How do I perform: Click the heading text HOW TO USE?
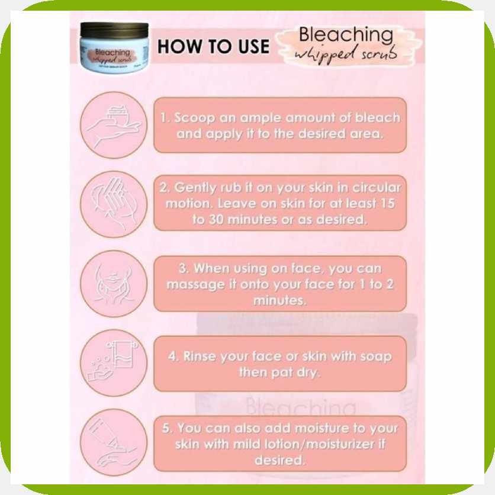[213, 46]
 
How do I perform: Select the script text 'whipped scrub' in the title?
[346, 55]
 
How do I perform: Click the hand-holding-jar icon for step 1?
[114, 125]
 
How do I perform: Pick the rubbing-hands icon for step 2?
[114, 204]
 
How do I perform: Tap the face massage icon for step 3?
[114, 284]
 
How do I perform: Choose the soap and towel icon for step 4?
[114, 363]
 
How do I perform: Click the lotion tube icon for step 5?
[114, 442]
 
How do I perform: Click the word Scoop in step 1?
[194, 117]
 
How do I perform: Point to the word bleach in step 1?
[378, 117]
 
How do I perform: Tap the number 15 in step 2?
[388, 203]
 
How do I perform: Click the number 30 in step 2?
[216, 220]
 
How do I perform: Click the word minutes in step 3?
[279, 300]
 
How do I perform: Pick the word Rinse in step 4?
[199, 356]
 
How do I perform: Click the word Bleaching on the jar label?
[112, 53]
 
